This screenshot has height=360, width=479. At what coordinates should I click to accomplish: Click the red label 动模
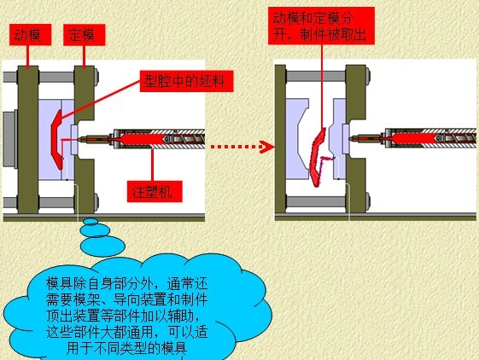30,35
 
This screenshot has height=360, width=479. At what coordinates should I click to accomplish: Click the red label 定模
85,35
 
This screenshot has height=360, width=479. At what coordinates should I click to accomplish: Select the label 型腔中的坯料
186,81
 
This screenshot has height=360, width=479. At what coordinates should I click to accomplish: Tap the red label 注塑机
155,191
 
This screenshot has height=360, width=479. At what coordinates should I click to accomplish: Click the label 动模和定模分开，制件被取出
321,26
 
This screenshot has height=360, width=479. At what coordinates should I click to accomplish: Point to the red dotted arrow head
267,147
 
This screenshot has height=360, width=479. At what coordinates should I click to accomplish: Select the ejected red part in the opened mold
317,157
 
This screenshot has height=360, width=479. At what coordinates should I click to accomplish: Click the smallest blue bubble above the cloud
91,221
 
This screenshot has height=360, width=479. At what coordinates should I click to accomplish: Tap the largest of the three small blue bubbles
102,246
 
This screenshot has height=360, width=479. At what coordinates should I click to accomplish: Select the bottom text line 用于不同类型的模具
126,348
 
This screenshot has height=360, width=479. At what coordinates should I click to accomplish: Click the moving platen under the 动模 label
28,139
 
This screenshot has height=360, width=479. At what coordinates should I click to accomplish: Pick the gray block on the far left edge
10,139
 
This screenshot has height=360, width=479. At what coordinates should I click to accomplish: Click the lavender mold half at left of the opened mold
297,138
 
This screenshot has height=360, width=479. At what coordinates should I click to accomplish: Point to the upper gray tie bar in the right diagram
316,76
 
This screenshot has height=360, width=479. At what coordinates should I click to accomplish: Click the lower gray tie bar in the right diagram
316,201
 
